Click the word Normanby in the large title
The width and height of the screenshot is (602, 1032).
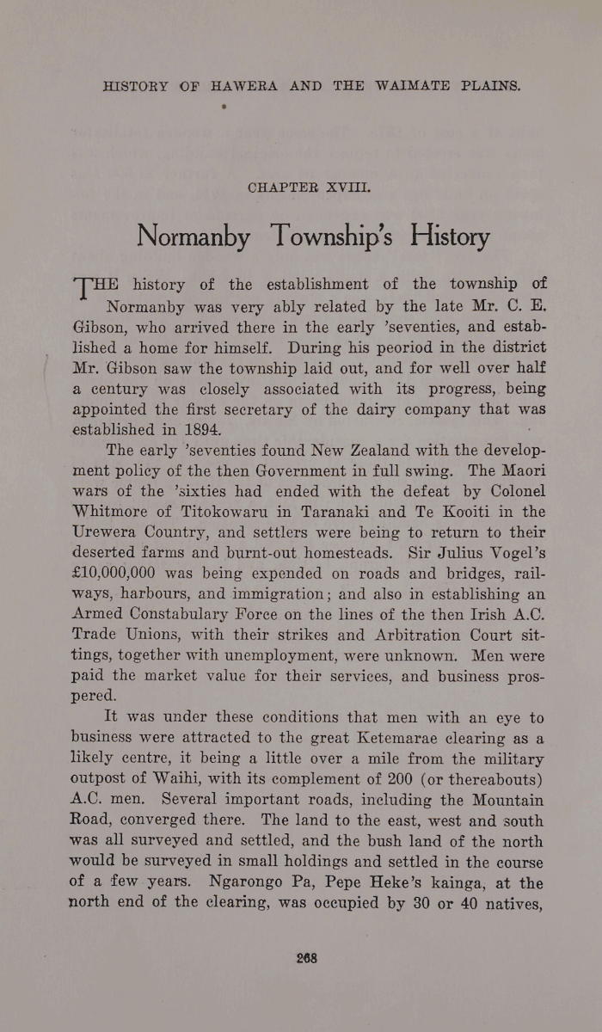(193, 235)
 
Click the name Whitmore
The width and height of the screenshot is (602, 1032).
(112, 511)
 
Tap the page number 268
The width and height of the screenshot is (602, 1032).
(307, 957)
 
